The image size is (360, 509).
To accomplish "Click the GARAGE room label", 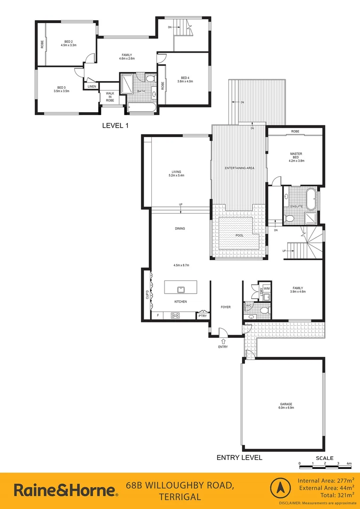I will (x=286, y=404).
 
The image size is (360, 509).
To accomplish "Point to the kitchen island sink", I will (x=180, y=289).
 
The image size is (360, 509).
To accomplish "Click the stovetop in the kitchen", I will (x=175, y=315).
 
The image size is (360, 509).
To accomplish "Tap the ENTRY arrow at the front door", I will (x=223, y=340).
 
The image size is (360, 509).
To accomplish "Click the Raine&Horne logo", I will (x=66, y=490).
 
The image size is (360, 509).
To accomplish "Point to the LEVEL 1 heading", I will (x=115, y=125).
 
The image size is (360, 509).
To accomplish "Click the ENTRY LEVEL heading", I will (x=239, y=457).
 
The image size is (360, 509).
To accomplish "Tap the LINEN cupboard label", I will (x=92, y=86).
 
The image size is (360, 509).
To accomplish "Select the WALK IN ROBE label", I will (x=110, y=97).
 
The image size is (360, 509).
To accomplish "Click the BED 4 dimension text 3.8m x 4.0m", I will (x=185, y=82).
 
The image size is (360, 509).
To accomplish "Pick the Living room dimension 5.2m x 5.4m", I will (x=177, y=176).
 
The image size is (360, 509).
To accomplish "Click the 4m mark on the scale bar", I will (x=349, y=464).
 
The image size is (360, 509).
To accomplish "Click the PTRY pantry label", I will (x=202, y=316).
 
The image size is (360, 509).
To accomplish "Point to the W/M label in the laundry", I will (x=266, y=288).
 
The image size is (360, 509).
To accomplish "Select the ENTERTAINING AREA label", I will (x=239, y=167).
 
